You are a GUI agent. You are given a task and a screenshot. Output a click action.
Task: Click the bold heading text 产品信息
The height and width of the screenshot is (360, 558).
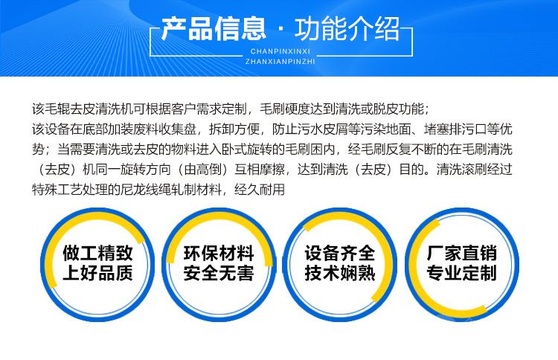(214, 28)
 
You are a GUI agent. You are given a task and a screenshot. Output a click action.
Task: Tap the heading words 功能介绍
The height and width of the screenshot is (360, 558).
(347, 28)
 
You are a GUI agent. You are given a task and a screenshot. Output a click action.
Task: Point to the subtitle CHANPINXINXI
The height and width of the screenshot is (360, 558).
(280, 51)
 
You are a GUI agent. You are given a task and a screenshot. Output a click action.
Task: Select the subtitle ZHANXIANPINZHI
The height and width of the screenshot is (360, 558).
(280, 62)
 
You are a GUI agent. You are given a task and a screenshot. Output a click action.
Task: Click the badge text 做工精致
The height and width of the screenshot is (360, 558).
(98, 254)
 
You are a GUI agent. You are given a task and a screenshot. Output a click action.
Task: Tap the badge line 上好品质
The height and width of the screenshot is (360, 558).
(98, 273)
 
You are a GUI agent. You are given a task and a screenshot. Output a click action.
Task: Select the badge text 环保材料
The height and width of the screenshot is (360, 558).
(219, 254)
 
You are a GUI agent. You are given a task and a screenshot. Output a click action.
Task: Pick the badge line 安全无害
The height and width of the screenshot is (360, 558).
(219, 273)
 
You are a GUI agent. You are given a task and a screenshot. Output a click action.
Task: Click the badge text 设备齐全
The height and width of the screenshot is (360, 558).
(340, 254)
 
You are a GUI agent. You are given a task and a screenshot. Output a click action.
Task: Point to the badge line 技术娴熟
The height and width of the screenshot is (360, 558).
(340, 273)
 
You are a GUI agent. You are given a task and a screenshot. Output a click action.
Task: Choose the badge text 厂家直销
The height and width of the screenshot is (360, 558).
(461, 254)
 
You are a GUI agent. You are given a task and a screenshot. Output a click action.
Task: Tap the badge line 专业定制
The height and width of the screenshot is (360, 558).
(461, 273)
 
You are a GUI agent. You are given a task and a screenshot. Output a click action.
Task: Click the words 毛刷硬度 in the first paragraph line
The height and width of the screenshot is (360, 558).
(285, 109)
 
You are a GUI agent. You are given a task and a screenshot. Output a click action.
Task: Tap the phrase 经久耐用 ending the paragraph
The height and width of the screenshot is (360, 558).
(260, 190)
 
